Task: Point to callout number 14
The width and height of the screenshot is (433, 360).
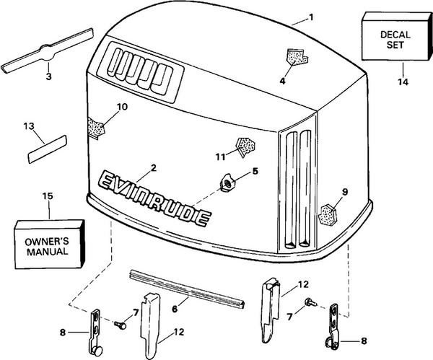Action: tap(401, 82)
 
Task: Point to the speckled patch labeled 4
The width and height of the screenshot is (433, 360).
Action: tap(294, 56)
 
